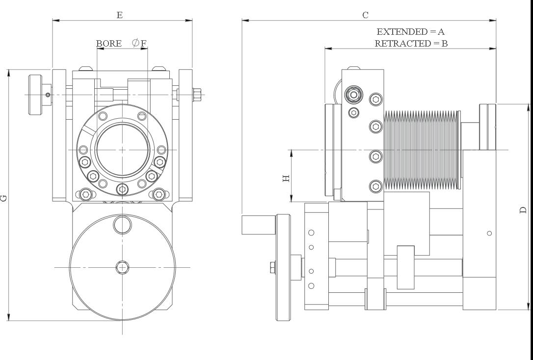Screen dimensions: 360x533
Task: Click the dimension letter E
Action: (x=119, y=15)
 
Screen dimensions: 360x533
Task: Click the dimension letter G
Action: (x=4, y=198)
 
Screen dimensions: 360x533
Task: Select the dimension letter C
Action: (x=365, y=15)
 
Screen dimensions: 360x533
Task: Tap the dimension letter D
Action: (x=523, y=209)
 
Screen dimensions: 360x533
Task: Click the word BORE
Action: (x=108, y=43)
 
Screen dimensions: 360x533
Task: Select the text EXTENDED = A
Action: (x=410, y=31)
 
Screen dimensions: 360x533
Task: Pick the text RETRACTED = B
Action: (x=411, y=43)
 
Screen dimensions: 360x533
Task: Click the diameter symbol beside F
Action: (x=136, y=43)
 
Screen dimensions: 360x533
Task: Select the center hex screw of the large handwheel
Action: (x=122, y=267)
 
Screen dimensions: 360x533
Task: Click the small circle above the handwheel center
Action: (x=122, y=225)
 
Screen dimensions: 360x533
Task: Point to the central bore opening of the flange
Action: (x=121, y=150)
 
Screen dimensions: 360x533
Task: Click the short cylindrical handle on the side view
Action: (x=259, y=225)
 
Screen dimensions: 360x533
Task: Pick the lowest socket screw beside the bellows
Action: (x=376, y=186)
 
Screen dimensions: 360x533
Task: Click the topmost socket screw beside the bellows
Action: (x=376, y=100)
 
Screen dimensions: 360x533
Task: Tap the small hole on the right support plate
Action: (x=489, y=233)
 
